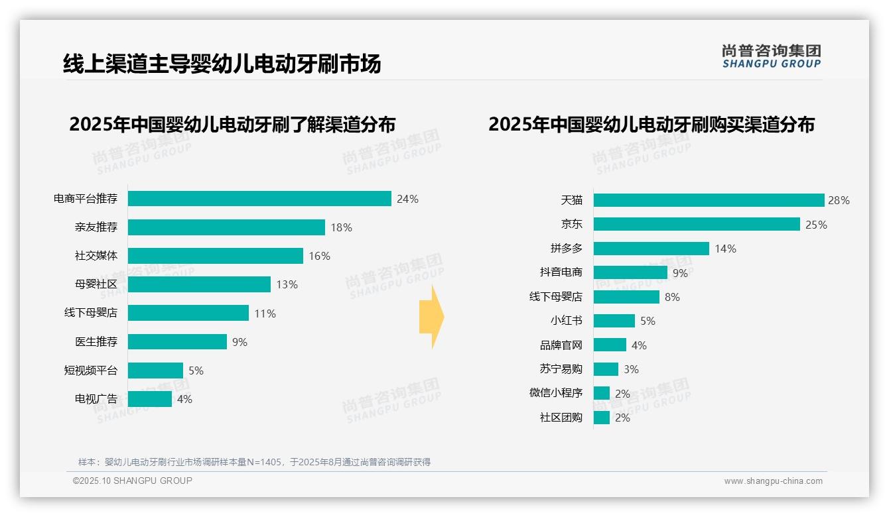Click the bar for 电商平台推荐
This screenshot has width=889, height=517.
259,199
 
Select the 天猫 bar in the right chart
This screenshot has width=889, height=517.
709,200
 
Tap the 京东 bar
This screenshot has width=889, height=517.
697,225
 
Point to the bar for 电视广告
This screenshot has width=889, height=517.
150,399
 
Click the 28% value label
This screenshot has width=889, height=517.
838,200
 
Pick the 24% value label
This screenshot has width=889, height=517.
407,199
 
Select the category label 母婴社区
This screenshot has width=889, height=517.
96,284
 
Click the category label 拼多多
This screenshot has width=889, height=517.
567,249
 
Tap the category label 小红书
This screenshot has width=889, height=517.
567,321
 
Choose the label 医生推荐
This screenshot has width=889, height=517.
96,342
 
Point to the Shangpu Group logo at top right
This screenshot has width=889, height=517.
772,56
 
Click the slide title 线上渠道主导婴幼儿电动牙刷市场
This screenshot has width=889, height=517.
222,64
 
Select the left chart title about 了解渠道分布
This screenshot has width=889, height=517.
232,125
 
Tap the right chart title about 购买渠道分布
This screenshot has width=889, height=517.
651,125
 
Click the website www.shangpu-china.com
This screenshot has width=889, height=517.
773,481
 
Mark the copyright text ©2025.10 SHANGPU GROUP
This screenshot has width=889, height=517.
133,481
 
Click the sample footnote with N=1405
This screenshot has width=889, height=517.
254,462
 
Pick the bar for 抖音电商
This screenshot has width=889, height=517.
630,272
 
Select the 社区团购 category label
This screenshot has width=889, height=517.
561,418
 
